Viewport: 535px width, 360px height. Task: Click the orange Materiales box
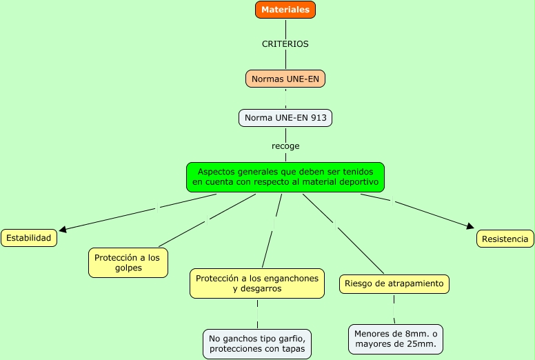click(x=285, y=10)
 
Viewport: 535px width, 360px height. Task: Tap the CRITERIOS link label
click(x=285, y=43)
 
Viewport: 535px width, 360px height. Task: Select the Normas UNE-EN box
click(x=285, y=79)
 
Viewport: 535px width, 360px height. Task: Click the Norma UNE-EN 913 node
click(x=285, y=118)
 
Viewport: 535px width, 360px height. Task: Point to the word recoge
click(x=285, y=146)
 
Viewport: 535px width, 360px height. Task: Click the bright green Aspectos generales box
click(x=285, y=177)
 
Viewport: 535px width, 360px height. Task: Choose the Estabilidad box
click(x=29, y=238)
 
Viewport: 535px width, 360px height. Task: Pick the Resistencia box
click(x=505, y=239)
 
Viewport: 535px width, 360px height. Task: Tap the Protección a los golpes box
click(x=128, y=263)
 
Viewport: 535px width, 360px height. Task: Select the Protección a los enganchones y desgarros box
click(x=257, y=283)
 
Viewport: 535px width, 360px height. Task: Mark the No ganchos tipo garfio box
click(x=258, y=344)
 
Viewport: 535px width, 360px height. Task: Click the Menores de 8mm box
click(x=396, y=339)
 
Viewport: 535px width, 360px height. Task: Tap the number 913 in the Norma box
click(x=319, y=118)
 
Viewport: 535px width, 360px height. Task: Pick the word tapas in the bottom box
click(x=293, y=349)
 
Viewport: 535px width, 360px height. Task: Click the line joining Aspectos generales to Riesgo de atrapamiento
click(x=343, y=233)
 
